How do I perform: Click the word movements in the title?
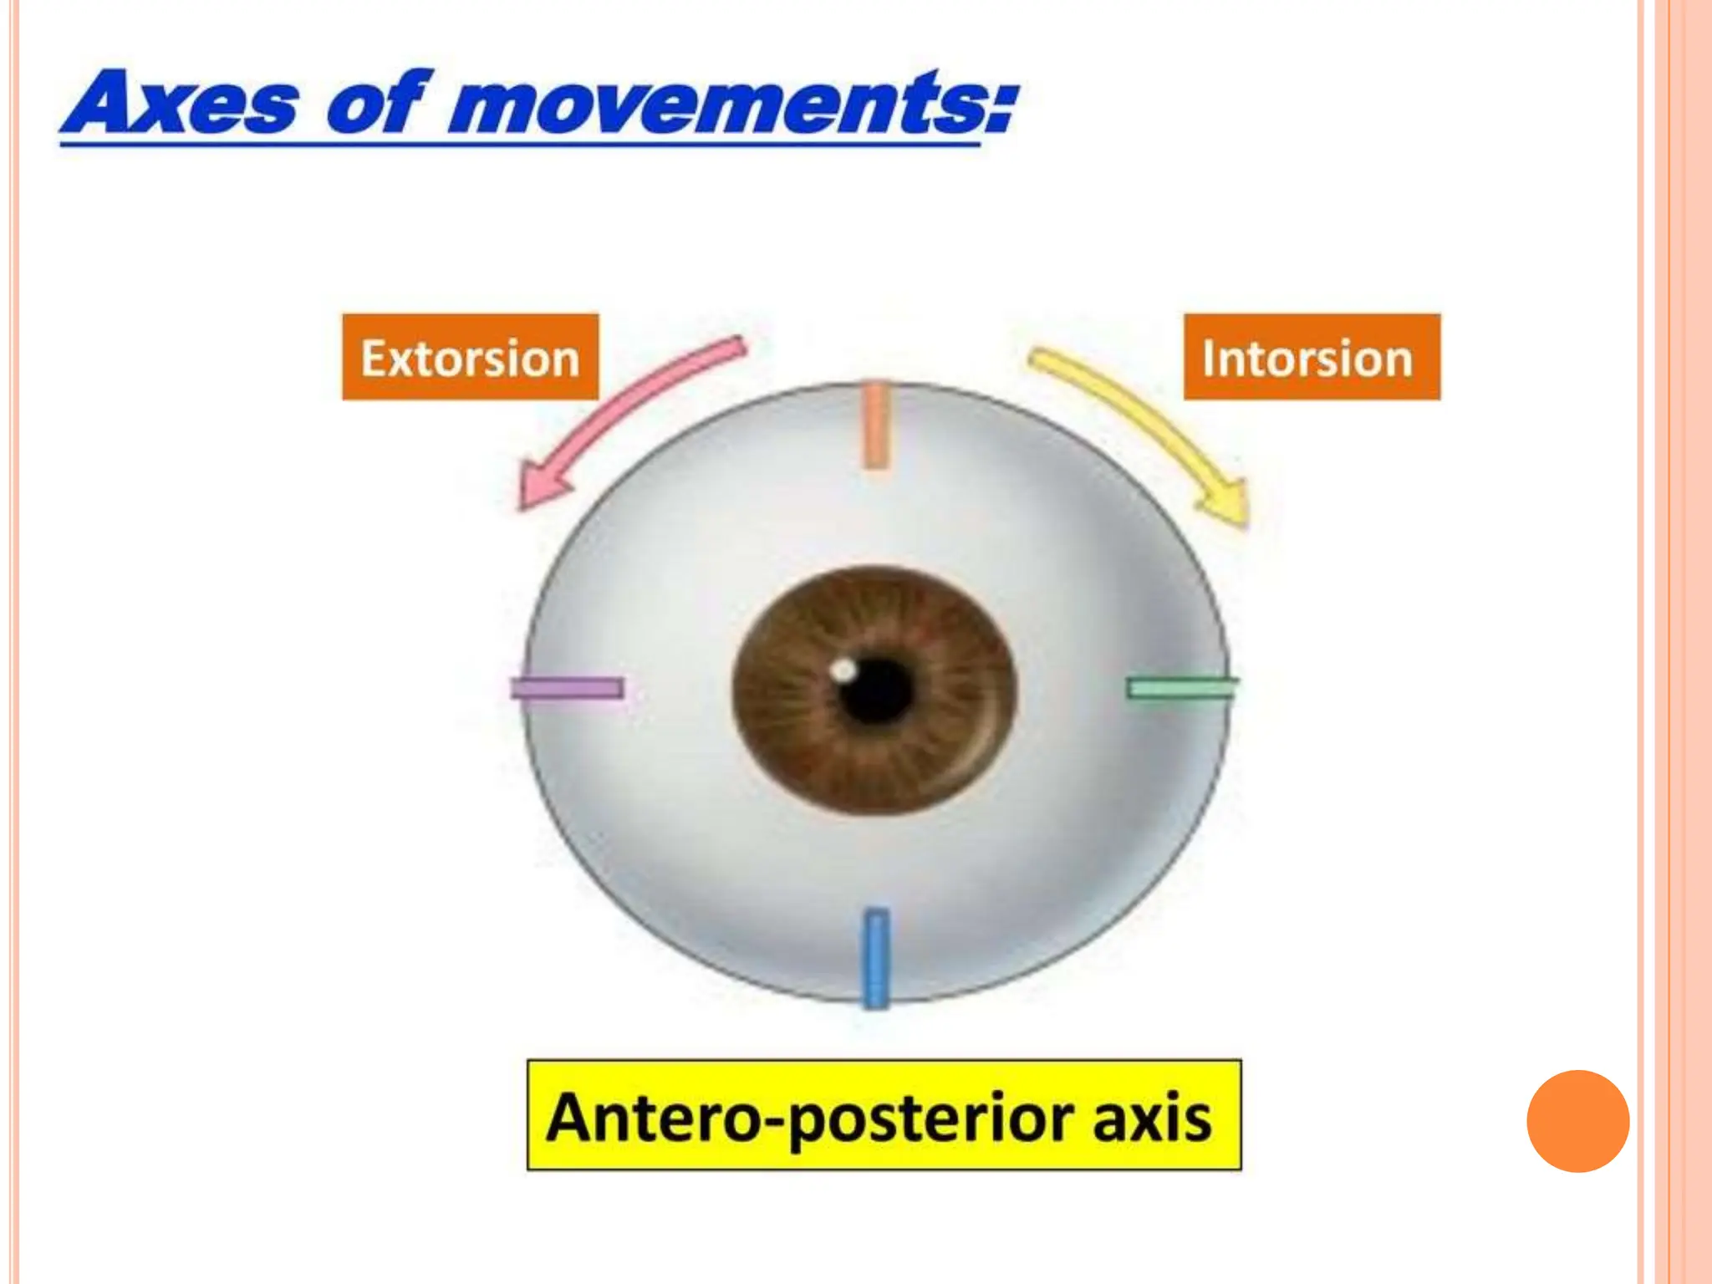715,104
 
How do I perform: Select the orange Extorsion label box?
470,358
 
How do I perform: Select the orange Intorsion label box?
1311,358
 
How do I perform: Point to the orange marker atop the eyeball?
874,425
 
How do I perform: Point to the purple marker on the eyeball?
568,688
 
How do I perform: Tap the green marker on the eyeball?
1181,688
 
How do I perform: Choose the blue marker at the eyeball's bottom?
874,957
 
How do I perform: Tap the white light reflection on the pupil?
844,670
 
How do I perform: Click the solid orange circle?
1577,1121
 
